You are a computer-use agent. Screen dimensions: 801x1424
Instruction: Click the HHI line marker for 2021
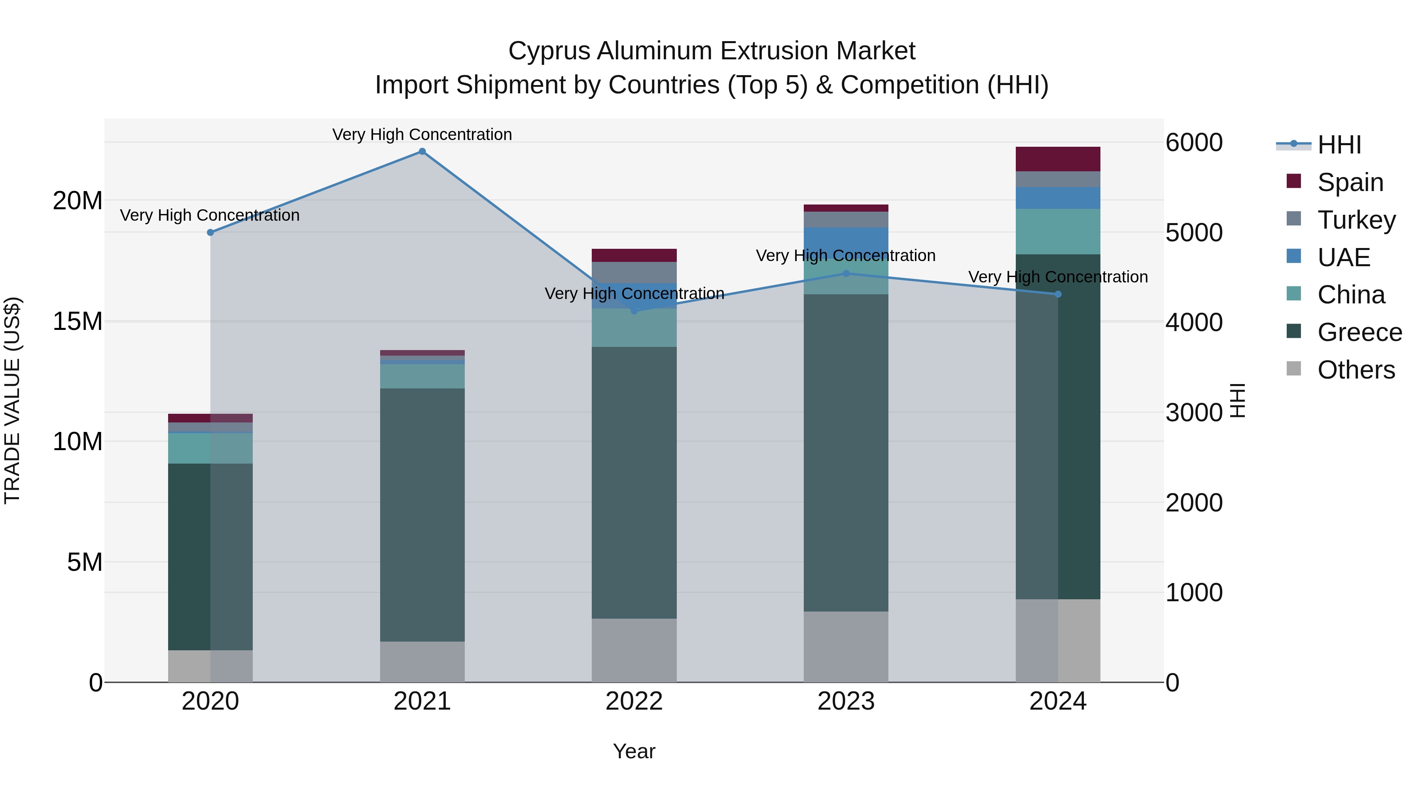tap(422, 151)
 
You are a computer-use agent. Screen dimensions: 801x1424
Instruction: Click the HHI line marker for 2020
tap(210, 233)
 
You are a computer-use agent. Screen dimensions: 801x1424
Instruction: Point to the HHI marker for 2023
tap(846, 274)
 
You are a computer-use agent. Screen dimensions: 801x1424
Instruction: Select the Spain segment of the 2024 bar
tap(1058, 159)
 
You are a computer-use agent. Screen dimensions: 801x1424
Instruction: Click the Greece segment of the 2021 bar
tap(422, 514)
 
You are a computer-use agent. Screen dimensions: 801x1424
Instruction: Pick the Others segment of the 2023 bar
tap(846, 647)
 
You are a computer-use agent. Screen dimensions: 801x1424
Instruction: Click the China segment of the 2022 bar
tap(634, 328)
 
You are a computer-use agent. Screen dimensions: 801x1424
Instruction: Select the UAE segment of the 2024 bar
tap(1058, 198)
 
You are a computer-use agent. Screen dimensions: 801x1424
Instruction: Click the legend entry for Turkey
tap(1356, 220)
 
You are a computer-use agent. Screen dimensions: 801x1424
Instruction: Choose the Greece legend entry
tap(1359, 333)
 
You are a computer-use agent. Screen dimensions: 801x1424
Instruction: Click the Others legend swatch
tap(1294, 369)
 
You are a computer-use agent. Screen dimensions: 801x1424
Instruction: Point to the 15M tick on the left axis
tap(78, 321)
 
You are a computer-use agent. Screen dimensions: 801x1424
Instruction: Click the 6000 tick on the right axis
tap(1194, 143)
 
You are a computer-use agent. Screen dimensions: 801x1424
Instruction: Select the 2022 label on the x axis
tap(634, 701)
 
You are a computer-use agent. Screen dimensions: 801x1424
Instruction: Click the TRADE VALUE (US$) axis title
tap(13, 400)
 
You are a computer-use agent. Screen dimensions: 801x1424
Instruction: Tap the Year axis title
tap(634, 751)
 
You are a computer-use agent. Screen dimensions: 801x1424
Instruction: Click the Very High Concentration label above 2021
tap(422, 134)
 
